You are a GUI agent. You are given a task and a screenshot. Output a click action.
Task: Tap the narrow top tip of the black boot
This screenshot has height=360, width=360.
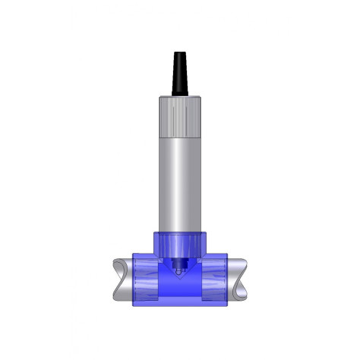180,55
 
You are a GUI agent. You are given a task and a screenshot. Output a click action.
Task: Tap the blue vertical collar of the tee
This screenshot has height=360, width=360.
180,242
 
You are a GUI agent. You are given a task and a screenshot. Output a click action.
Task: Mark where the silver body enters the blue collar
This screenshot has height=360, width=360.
180,231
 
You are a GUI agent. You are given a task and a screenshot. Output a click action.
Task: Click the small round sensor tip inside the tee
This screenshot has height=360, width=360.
179,267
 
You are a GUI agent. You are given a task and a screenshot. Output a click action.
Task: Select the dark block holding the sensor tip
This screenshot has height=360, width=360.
179,261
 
